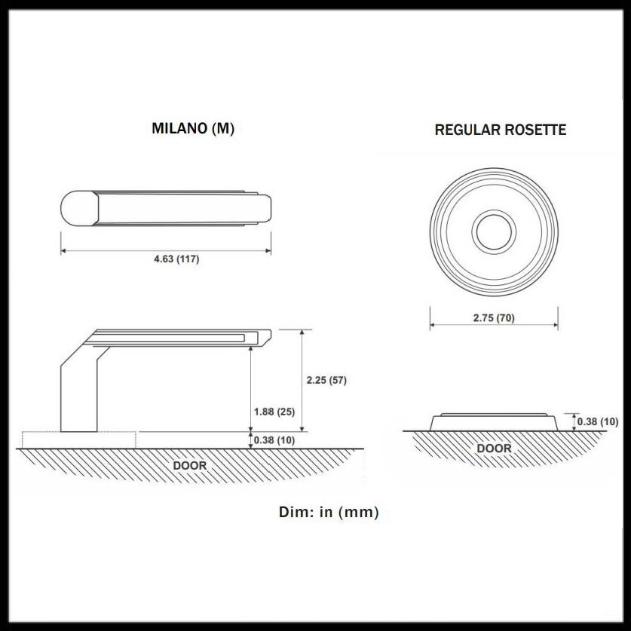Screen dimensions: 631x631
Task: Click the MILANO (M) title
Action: [193, 128]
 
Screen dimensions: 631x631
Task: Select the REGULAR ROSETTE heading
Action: [501, 130]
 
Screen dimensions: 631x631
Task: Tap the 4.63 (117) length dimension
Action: [176, 259]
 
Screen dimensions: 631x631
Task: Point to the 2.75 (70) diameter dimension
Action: [494, 318]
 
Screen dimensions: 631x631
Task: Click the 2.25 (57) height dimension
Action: [326, 380]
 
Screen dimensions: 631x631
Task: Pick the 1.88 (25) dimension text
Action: [274, 412]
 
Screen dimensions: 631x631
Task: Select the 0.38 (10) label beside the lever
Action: [274, 440]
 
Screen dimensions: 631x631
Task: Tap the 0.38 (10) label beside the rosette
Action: [598, 421]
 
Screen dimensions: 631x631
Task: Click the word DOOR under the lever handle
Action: [189, 466]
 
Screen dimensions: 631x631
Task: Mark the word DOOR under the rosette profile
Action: [494, 449]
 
